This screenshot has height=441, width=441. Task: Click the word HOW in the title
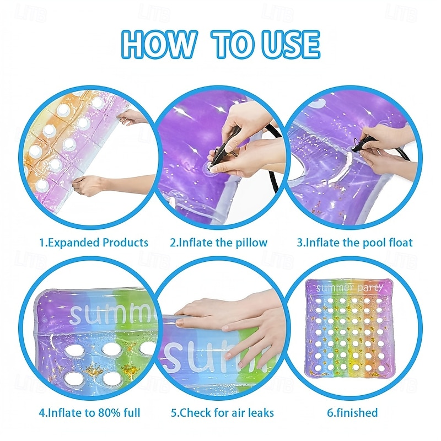click(x=158, y=45)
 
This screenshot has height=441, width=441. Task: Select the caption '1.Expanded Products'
click(x=94, y=243)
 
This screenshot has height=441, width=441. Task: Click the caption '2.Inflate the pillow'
click(x=218, y=243)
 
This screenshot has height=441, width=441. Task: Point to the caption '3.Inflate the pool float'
click(x=354, y=243)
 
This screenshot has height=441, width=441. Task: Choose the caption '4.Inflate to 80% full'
click(x=89, y=412)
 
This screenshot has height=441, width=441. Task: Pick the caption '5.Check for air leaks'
click(x=222, y=412)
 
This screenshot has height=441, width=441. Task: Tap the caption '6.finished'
click(x=352, y=412)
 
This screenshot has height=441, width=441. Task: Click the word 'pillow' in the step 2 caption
click(x=251, y=243)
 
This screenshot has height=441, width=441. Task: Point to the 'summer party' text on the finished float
click(x=349, y=288)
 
